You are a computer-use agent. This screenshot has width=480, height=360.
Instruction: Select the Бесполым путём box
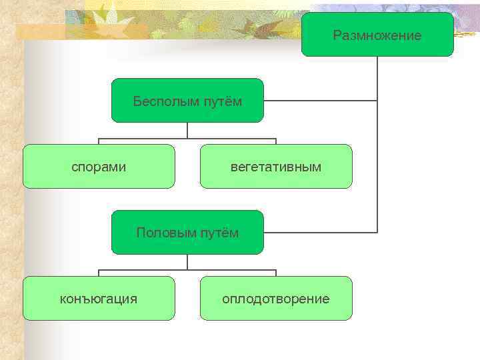pyautogui.click(x=187, y=100)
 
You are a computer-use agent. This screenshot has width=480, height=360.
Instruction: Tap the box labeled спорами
pyautogui.click(x=99, y=166)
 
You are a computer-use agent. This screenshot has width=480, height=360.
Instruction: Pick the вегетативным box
pyautogui.click(x=276, y=166)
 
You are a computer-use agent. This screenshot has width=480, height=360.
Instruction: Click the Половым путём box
pyautogui.click(x=187, y=232)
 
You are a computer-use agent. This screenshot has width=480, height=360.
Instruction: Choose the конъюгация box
pyautogui.click(x=99, y=298)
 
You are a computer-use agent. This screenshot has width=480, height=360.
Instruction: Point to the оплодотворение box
pyautogui.click(x=276, y=298)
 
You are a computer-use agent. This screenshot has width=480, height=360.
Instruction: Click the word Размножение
pyautogui.click(x=377, y=35)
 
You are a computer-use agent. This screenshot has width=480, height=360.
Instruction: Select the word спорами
pyautogui.click(x=99, y=167)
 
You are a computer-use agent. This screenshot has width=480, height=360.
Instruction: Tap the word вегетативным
pyautogui.click(x=276, y=167)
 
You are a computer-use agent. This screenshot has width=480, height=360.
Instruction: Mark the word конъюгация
pyautogui.click(x=99, y=299)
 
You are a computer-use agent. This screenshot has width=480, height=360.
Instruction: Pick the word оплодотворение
pyautogui.click(x=276, y=299)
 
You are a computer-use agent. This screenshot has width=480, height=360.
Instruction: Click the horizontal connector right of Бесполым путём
pyautogui.click(x=320, y=101)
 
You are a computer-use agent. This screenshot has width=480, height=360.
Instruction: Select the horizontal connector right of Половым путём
pyautogui.click(x=320, y=233)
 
